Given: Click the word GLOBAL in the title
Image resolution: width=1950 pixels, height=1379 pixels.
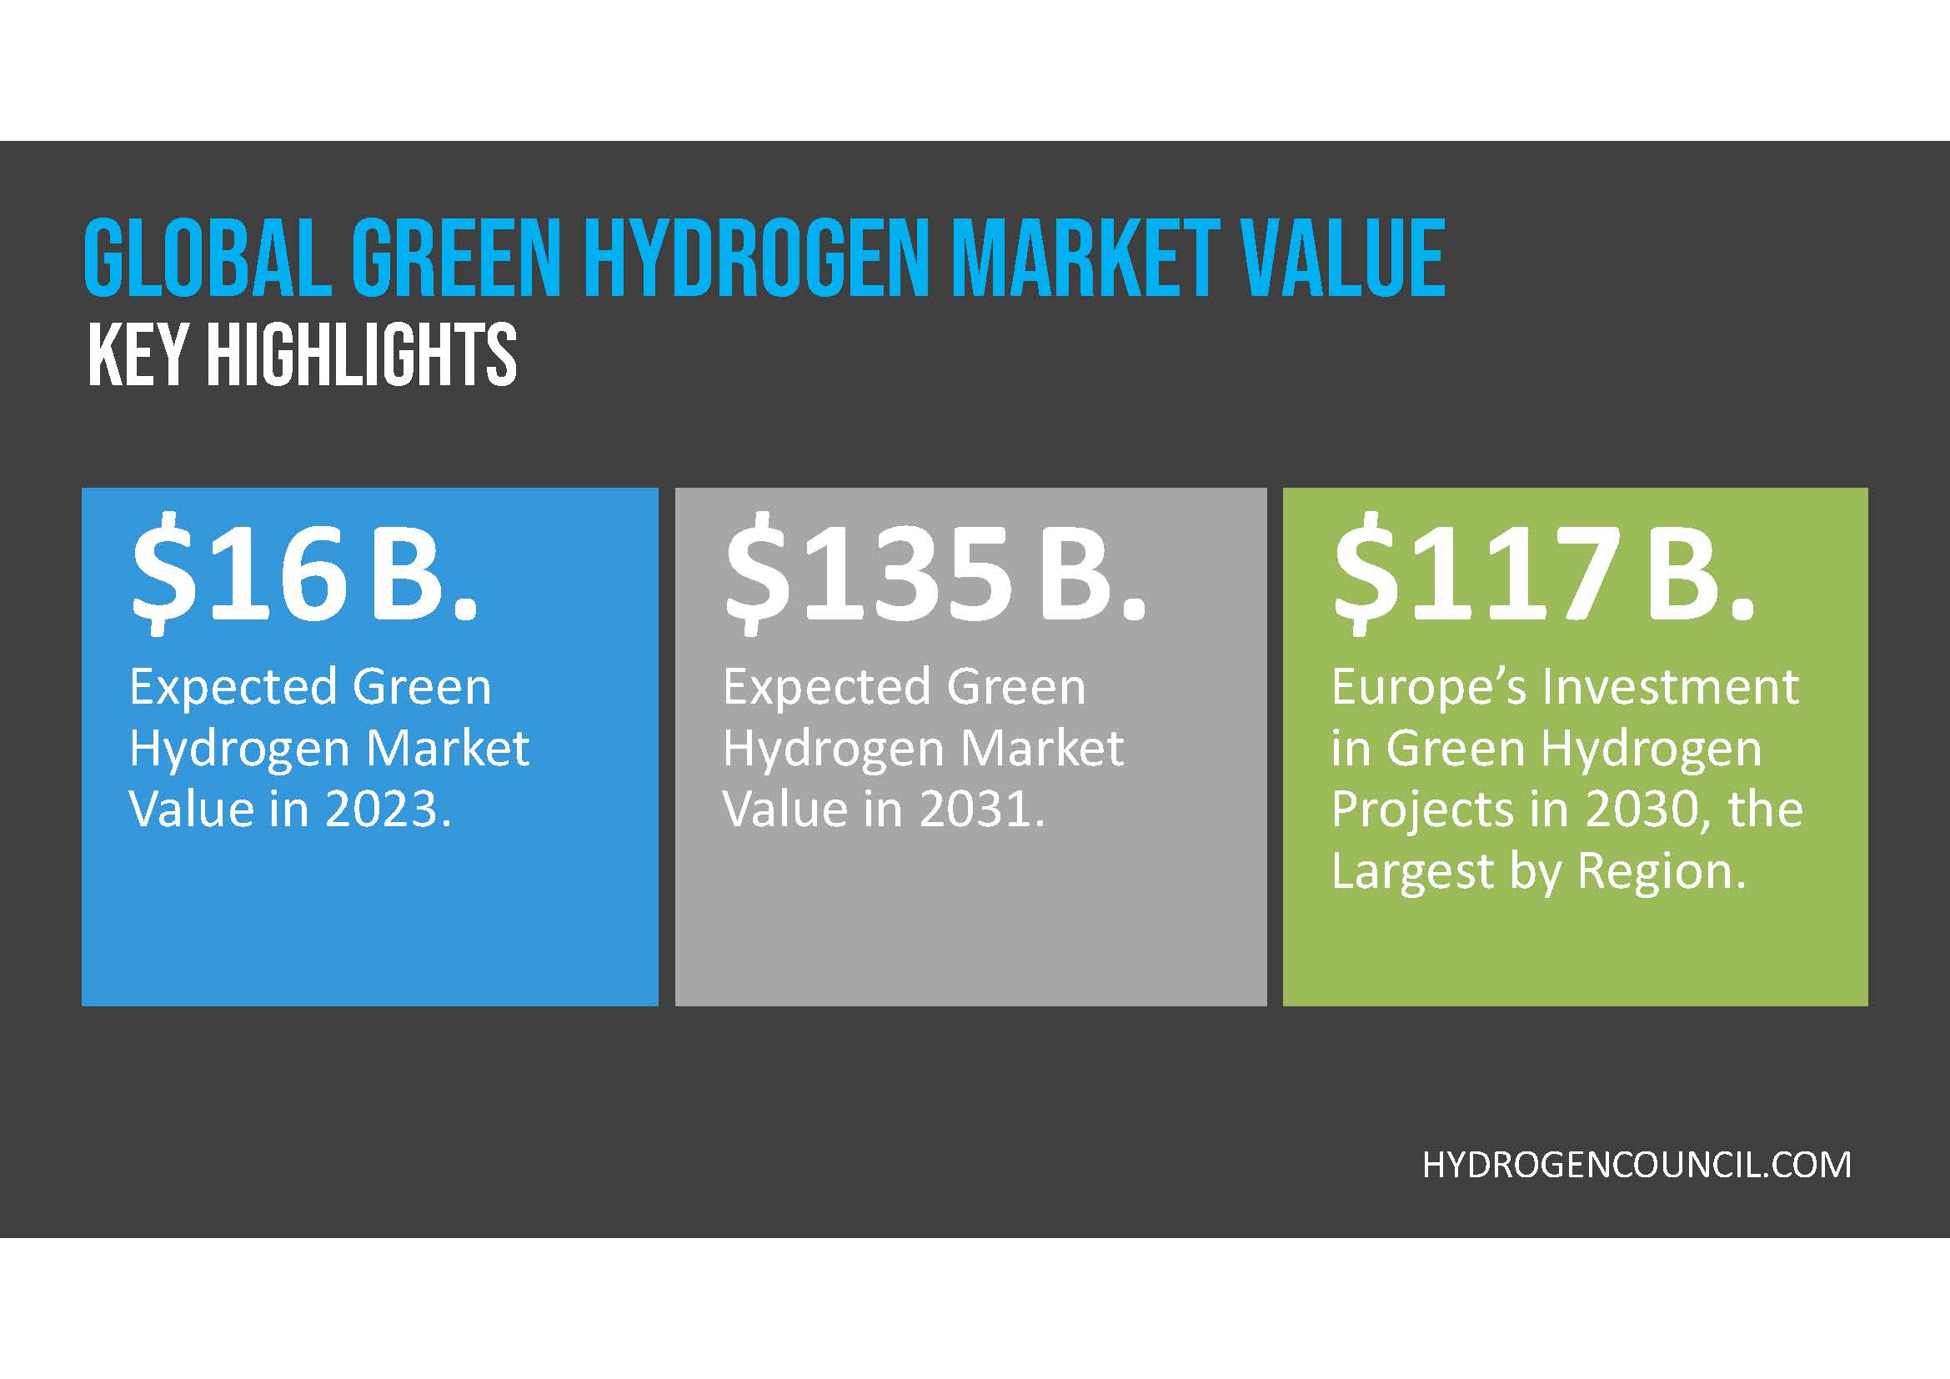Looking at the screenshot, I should click(208, 258).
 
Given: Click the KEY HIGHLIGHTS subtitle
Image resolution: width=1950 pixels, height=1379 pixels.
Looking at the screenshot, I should click(303, 354).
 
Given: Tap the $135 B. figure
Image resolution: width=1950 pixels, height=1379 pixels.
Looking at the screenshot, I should click(935, 574).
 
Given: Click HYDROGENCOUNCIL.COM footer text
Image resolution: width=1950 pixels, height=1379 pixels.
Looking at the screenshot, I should click(1637, 1165).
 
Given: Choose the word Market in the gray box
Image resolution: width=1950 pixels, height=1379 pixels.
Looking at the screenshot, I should click(1042, 748).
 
